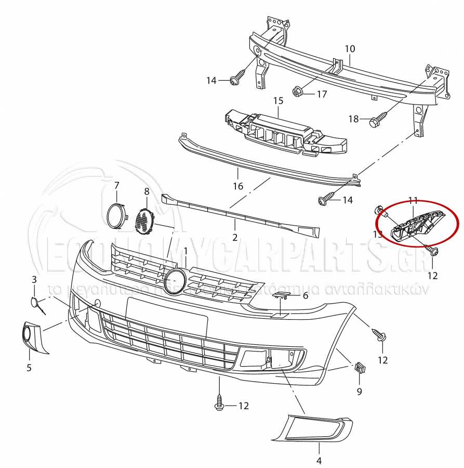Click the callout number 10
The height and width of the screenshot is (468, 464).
(350, 49)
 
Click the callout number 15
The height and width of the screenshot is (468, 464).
(278, 100)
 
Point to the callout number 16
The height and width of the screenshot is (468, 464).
(238, 186)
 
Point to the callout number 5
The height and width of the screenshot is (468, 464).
(29, 368)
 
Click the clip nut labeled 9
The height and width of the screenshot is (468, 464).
(359, 369)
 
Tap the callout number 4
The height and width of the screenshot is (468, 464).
(319, 460)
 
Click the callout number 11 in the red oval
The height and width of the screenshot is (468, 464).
(413, 200)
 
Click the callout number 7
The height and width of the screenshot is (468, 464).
(116, 185)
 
